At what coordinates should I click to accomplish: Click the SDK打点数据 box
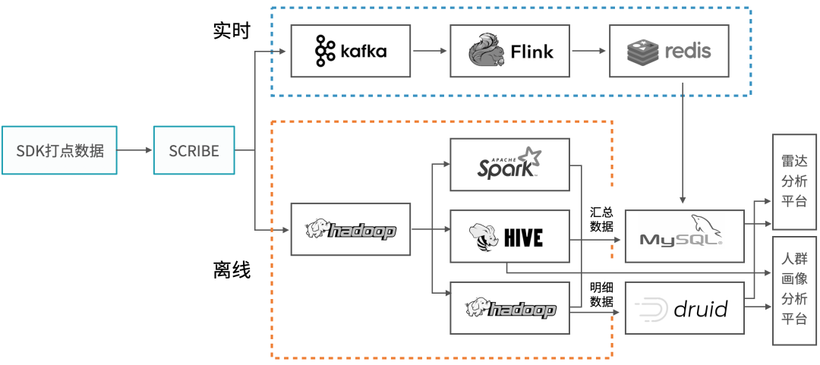pyautogui.click(x=59, y=150)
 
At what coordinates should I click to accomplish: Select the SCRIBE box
pyautogui.click(x=194, y=150)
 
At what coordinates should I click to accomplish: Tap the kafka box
pyautogui.click(x=351, y=51)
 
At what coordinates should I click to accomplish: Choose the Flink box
pyautogui.click(x=509, y=51)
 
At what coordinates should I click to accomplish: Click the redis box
pyautogui.click(x=668, y=51)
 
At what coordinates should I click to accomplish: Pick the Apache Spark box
pyautogui.click(x=509, y=164)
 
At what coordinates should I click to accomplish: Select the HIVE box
pyautogui.click(x=509, y=236)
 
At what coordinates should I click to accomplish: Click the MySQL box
pyautogui.click(x=684, y=236)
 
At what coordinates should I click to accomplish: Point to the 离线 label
pyautogui.click(x=232, y=270)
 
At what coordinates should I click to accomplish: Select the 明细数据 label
pyautogui.click(x=602, y=295)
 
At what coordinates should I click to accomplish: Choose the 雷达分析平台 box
pyautogui.click(x=794, y=182)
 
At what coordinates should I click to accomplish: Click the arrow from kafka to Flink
pyautogui.click(x=430, y=51)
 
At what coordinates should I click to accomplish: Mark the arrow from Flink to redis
pyautogui.click(x=589, y=51)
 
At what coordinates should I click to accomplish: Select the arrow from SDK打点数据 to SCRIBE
pyautogui.click(x=135, y=150)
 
